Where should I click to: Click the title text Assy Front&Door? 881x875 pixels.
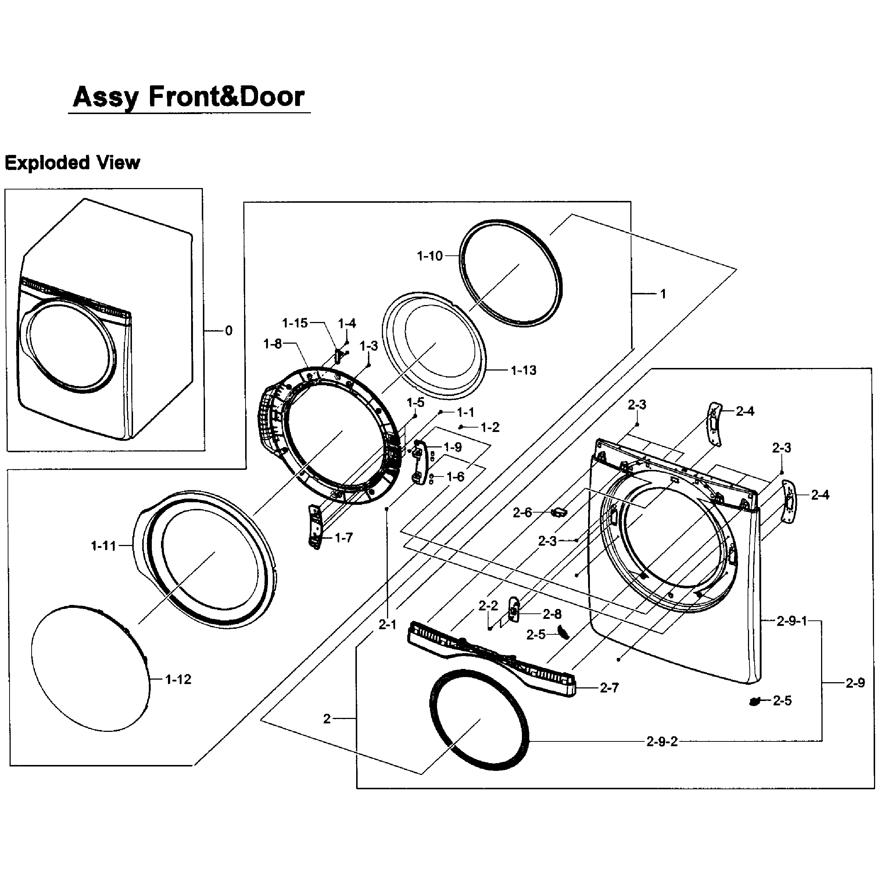(x=188, y=97)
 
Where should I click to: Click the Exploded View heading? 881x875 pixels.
(x=72, y=163)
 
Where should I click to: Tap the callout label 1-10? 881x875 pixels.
(x=430, y=256)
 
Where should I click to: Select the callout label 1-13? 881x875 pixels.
(x=523, y=370)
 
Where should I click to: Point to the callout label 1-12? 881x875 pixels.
(x=178, y=680)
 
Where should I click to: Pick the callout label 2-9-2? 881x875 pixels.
(x=662, y=742)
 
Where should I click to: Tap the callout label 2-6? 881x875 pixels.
(x=522, y=513)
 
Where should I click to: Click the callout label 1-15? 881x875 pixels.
(x=294, y=323)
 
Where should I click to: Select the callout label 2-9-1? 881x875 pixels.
(x=792, y=621)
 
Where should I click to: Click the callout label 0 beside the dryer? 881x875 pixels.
(x=229, y=330)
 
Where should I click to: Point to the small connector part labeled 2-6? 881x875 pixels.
(x=559, y=513)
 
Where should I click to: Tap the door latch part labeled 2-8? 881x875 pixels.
(x=514, y=609)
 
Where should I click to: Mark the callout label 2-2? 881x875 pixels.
(x=488, y=606)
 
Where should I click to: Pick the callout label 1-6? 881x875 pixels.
(x=455, y=477)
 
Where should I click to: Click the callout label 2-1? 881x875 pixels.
(x=388, y=624)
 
